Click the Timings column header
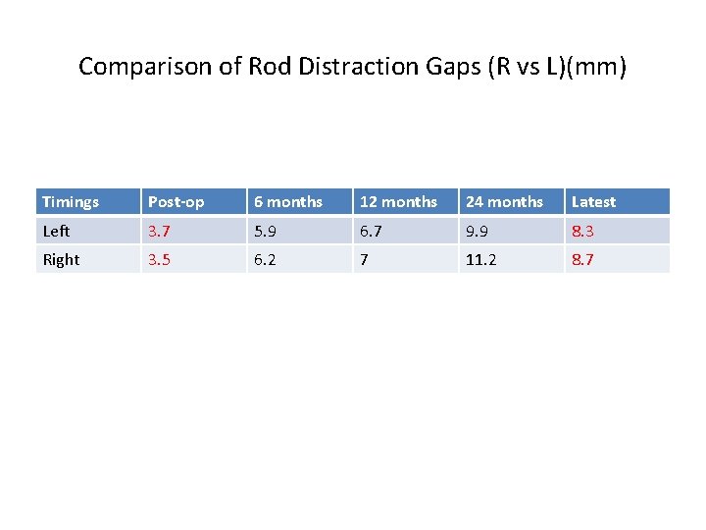point(71,202)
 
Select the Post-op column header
point(176,202)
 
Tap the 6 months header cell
point(288,202)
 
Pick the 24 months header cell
point(504,202)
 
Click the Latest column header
point(593,202)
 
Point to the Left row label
point(57,232)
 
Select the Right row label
point(61,260)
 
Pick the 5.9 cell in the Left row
point(266,232)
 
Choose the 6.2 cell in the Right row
point(266,260)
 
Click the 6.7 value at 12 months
point(372,232)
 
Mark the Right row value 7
point(365,260)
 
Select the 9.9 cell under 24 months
point(478,232)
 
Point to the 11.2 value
point(480,260)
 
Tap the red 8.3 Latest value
point(583,232)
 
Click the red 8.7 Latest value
point(583,260)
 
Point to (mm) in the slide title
point(599,67)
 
